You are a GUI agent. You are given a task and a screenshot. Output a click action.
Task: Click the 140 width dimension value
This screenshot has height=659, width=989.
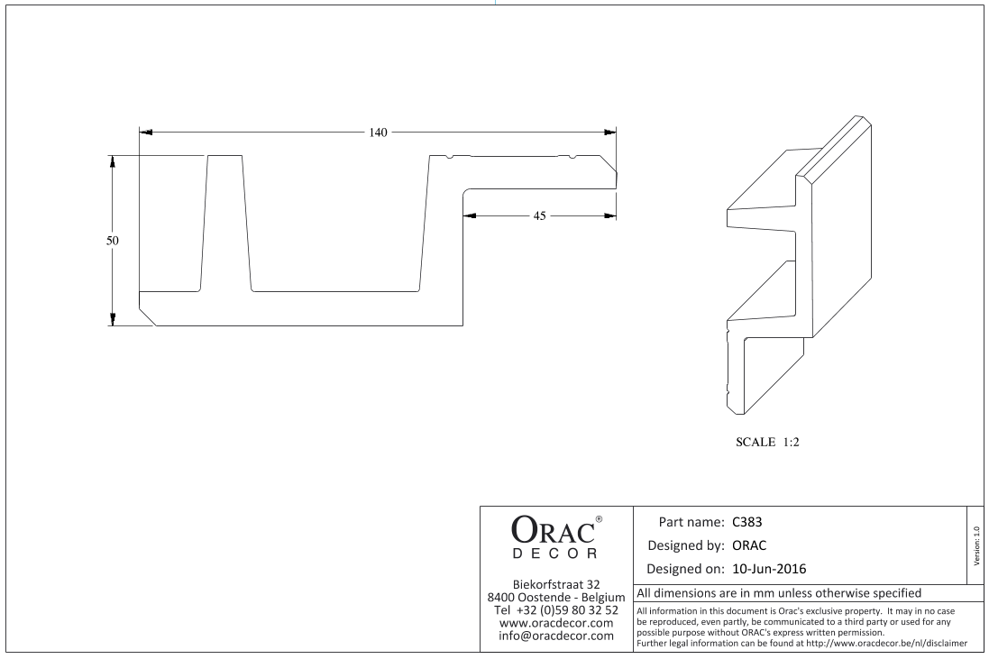click(378, 133)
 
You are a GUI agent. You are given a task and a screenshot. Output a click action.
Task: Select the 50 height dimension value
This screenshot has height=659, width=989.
click(113, 241)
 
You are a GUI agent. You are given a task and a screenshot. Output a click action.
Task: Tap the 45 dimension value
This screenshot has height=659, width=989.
click(539, 215)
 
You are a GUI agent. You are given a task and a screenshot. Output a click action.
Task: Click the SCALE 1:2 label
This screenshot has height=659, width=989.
click(767, 442)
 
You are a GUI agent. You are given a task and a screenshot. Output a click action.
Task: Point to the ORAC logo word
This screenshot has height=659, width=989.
click(553, 530)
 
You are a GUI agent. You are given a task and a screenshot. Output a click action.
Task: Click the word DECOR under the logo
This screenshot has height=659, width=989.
click(554, 554)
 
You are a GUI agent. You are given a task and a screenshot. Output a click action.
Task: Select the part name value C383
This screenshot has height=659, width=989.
click(746, 522)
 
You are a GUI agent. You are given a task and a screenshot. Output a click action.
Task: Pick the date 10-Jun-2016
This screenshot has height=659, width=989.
click(769, 569)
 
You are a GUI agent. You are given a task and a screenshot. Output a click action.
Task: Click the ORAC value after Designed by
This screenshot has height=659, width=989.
click(749, 545)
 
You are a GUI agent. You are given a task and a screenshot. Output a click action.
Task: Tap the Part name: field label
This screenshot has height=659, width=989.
click(691, 522)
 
